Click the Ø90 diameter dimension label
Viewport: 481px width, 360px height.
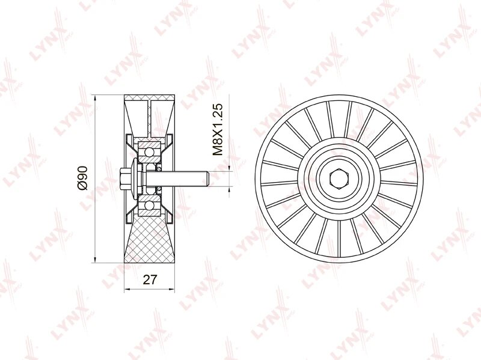[82, 178]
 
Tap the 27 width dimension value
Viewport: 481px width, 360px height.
[150, 279]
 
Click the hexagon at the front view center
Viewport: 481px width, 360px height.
[339, 178]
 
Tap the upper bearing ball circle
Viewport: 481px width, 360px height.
[149, 152]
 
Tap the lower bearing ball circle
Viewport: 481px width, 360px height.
[149, 206]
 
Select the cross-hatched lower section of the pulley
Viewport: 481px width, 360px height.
[149, 239]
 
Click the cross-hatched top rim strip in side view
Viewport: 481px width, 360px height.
[149, 98]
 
